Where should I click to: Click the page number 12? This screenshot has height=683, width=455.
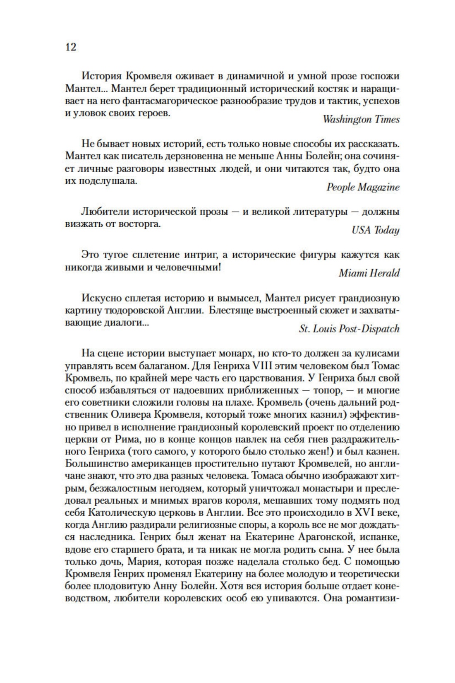[x=71, y=47]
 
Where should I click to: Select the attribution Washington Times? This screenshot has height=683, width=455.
[x=361, y=120]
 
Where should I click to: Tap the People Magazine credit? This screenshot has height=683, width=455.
[x=363, y=187]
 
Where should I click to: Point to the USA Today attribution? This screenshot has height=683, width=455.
[x=375, y=230]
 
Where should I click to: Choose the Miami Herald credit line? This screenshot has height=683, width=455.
[x=369, y=273]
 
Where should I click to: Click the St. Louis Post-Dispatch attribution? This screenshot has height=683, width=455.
[x=349, y=329]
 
